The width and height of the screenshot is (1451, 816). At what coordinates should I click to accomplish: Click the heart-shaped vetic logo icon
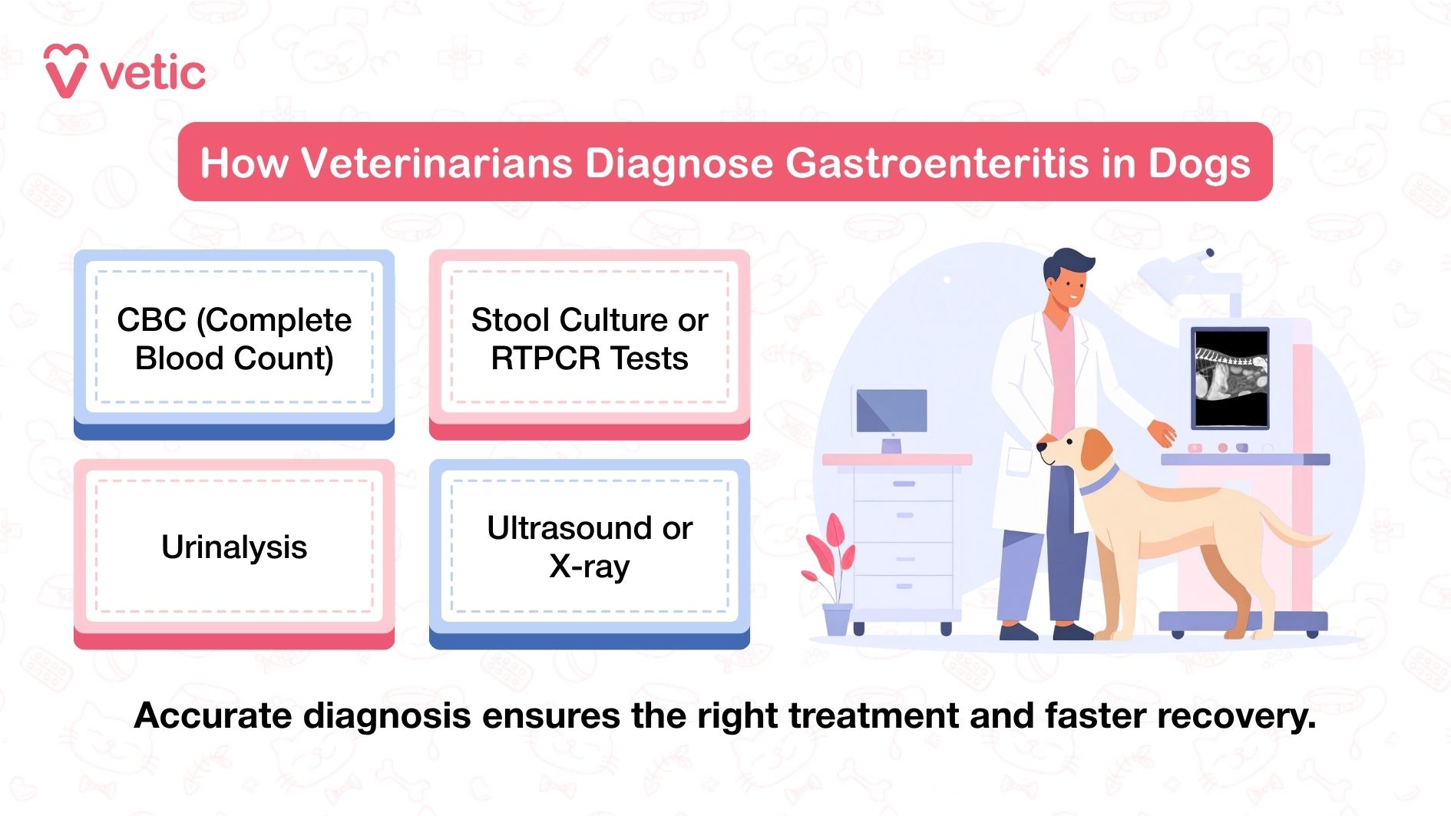point(65,71)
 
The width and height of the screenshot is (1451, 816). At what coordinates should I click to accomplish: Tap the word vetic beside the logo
point(153,74)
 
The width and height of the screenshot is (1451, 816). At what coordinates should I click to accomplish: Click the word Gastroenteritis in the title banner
point(937,164)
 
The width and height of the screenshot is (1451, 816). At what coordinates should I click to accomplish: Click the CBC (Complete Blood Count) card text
point(234,339)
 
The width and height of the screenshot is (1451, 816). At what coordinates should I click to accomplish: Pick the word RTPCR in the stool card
point(539,358)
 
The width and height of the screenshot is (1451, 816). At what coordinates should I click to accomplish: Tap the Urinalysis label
point(234,547)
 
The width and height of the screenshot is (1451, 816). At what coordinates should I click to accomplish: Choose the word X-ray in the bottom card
point(589,567)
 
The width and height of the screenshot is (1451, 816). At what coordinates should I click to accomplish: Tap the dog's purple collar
point(1099,480)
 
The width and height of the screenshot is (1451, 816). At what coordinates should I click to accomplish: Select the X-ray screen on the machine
point(1230,378)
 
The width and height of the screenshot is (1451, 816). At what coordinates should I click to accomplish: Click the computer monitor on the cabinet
point(891,411)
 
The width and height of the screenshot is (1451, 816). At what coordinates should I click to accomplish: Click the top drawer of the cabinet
point(904,484)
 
